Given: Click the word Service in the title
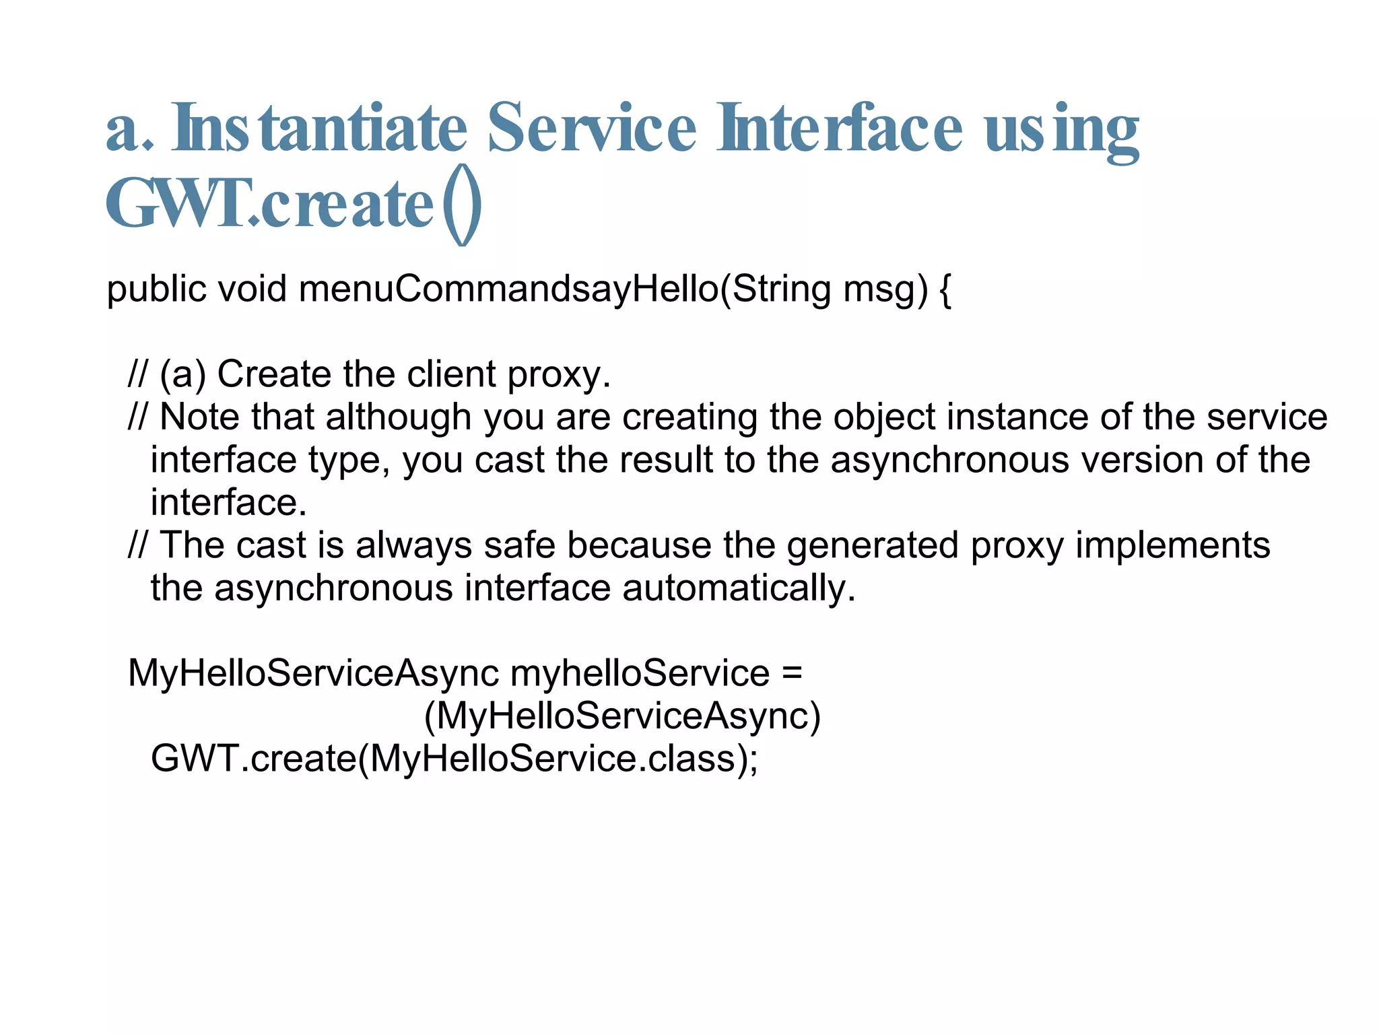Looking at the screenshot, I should coord(591,128).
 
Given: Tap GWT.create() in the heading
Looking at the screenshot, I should coord(294,205).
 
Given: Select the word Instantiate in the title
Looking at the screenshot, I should coord(319,128).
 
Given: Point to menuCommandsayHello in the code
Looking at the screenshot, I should coord(508,289).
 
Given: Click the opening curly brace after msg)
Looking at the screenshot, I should coord(945,289).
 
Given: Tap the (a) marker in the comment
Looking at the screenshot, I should coord(182,374).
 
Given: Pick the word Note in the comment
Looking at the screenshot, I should coord(199,417).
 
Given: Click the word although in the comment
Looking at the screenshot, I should coord(398,417).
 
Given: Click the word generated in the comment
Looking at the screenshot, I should coord(872,545).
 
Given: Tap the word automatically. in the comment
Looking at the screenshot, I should coord(739,588).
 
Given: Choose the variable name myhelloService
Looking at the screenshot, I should coord(640,673).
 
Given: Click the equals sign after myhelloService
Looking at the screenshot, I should coord(793,673).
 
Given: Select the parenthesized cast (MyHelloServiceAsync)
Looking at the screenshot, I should coord(622,716).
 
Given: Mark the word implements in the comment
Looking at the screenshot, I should coord(1172,545).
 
